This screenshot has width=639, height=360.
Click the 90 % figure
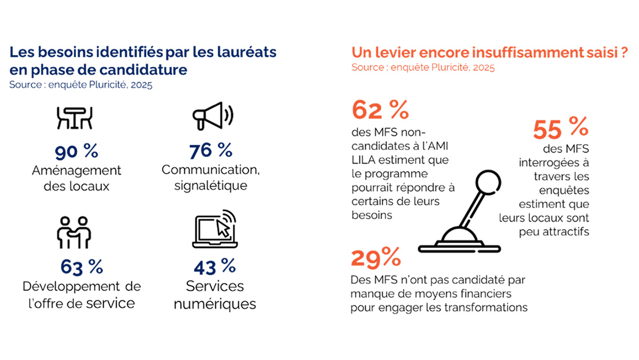77,151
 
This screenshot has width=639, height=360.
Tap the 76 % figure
211,151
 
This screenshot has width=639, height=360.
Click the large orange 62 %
380,110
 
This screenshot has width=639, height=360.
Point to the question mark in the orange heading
624,53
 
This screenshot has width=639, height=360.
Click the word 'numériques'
214,303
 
